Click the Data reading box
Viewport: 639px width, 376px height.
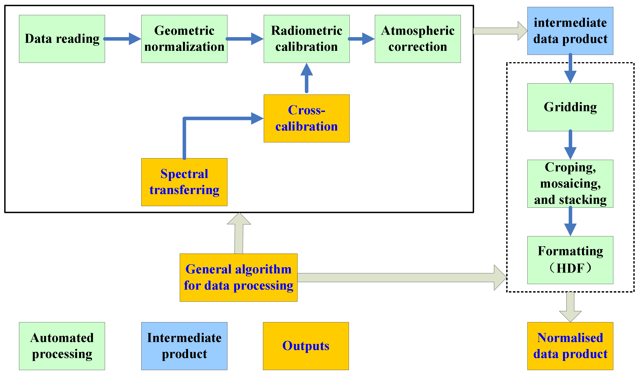[62, 39]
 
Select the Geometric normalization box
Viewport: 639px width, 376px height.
[184, 39]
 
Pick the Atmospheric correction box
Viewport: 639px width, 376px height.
[417, 39]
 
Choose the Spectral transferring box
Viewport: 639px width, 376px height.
[184, 182]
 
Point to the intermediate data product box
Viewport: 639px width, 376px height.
[570, 31]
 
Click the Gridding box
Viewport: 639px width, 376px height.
[570, 107]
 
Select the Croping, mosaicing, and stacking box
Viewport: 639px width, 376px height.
[570, 184]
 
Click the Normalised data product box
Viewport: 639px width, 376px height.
[570, 346]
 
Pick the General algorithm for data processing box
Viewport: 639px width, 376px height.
[238, 277]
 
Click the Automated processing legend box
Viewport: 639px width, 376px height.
[62, 346]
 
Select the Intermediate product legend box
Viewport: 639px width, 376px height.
[184, 346]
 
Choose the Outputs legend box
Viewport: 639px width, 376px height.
[306, 346]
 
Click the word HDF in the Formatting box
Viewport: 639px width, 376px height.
[570, 268]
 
